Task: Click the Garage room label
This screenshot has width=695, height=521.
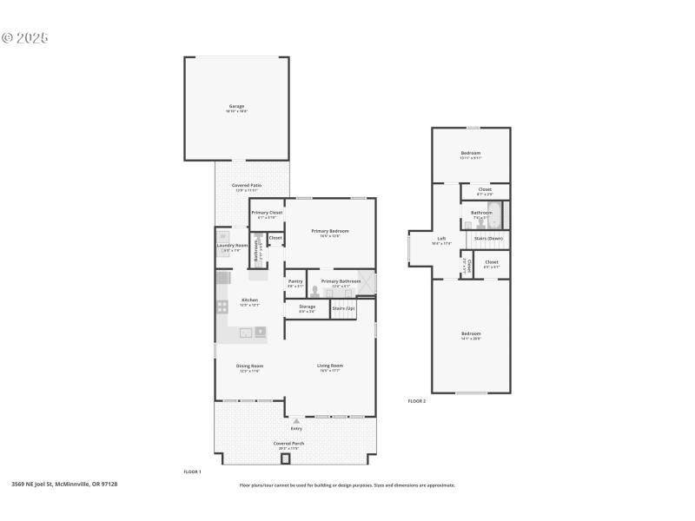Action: click(x=236, y=106)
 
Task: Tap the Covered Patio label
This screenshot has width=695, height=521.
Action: click(x=247, y=186)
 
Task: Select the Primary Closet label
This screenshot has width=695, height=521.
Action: click(x=267, y=213)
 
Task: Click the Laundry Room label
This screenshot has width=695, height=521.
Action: click(x=232, y=246)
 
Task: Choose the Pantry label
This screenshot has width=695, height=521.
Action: click(x=295, y=281)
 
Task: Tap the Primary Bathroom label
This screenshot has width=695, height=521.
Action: click(x=341, y=281)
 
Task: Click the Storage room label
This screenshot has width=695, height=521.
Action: click(x=308, y=307)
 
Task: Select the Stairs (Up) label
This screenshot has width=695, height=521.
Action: click(x=343, y=307)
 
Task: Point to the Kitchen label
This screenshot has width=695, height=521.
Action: click(x=249, y=300)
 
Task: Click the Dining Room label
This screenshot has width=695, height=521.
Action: click(x=249, y=366)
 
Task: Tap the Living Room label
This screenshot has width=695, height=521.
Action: click(x=329, y=366)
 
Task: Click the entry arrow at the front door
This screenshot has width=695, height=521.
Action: click(x=296, y=420)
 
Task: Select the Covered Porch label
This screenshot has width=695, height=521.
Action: click(x=288, y=444)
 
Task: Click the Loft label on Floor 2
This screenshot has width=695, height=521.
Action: click(x=441, y=239)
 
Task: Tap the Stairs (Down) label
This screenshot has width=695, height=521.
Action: click(x=488, y=237)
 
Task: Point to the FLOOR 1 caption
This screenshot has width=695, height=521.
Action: click(x=192, y=472)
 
